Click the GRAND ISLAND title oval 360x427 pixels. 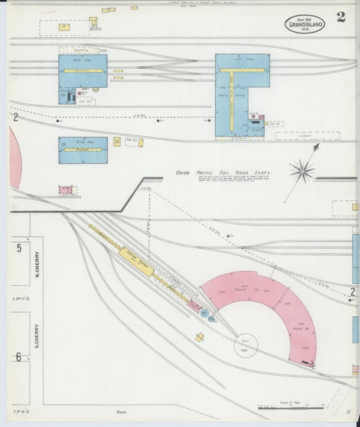[304, 25]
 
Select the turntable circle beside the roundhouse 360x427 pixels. [246, 346]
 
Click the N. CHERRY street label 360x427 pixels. [37, 265]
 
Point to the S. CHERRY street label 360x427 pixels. [37, 336]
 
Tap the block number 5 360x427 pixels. [19, 248]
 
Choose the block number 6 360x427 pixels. [19, 356]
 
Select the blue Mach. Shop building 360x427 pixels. [82, 72]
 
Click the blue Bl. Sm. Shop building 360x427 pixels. [82, 150]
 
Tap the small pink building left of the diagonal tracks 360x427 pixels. [66, 190]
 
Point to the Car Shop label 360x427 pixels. [241, 59]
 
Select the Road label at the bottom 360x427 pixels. [122, 411]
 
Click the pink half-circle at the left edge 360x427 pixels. [14, 157]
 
